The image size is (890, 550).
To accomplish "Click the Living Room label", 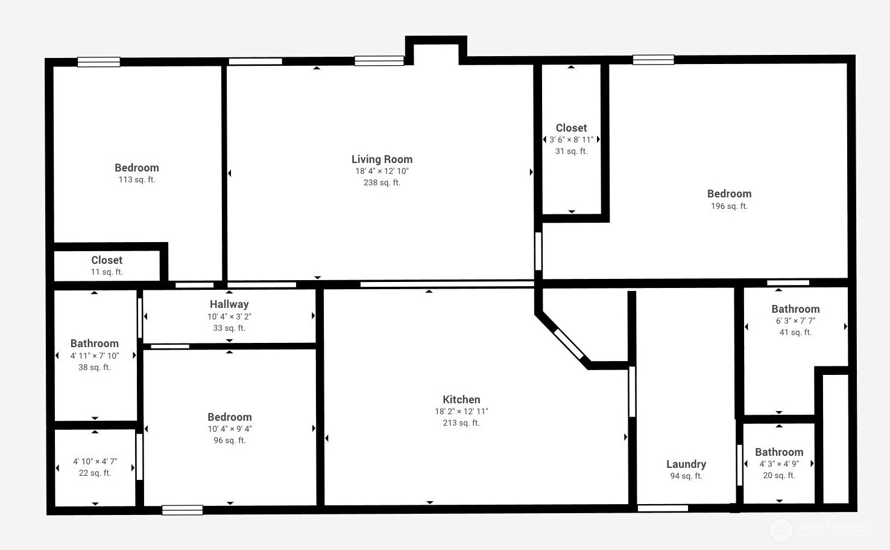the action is click(x=382, y=159).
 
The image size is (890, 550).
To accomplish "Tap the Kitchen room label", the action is click(x=461, y=399).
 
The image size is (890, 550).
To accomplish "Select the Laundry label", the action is click(x=686, y=464).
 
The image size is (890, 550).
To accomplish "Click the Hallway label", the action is click(x=229, y=304).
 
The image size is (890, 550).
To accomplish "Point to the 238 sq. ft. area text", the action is click(x=382, y=182).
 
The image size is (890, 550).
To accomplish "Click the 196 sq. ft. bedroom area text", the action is click(x=729, y=206).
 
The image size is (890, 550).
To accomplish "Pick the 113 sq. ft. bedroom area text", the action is click(x=137, y=179).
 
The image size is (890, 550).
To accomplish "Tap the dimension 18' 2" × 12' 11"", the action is click(x=461, y=411).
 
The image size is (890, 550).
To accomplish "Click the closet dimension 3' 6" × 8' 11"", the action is click(x=572, y=139).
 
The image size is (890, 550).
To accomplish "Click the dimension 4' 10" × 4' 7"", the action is click(x=95, y=461).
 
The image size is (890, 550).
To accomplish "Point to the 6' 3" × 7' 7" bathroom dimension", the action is click(x=795, y=321).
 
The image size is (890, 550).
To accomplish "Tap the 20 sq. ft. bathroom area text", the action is click(x=779, y=475).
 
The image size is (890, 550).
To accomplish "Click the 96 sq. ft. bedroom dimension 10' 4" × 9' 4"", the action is click(x=230, y=429).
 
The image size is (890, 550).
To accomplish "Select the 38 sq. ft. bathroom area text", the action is click(x=95, y=367).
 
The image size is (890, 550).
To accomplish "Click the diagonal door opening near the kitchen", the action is click(x=569, y=344).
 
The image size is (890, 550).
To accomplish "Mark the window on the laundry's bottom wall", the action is click(x=663, y=508).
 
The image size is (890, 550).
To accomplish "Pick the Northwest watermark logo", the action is click(x=781, y=529).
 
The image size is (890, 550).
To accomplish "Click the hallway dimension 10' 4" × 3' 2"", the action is click(x=229, y=316).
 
